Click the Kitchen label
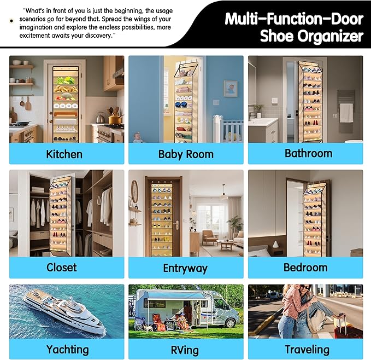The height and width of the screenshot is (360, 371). click(x=64, y=154)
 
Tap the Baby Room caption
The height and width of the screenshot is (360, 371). click(x=186, y=154)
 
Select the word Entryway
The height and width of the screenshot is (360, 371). click(x=185, y=268)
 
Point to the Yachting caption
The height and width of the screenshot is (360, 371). click(x=67, y=349)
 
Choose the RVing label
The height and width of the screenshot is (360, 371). click(x=185, y=350)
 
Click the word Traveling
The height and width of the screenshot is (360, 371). click(x=307, y=349)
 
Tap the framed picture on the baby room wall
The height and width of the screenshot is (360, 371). click(x=230, y=88)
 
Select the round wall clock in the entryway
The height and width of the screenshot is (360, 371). click(x=135, y=191)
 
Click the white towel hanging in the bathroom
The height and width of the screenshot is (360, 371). click(x=346, y=112)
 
